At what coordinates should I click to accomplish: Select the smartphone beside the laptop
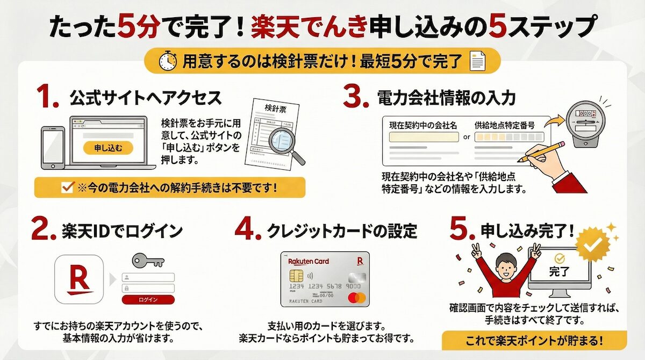click(x=53, y=148)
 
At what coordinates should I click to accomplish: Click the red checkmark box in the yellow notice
click(x=68, y=188)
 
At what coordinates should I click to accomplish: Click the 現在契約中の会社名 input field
click(x=423, y=137)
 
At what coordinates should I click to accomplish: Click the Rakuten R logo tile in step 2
click(x=80, y=279)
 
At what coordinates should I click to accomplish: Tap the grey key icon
click(x=147, y=261)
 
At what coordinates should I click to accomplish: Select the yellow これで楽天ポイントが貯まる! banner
click(x=534, y=340)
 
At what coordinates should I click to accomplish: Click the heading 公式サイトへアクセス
click(x=145, y=98)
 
